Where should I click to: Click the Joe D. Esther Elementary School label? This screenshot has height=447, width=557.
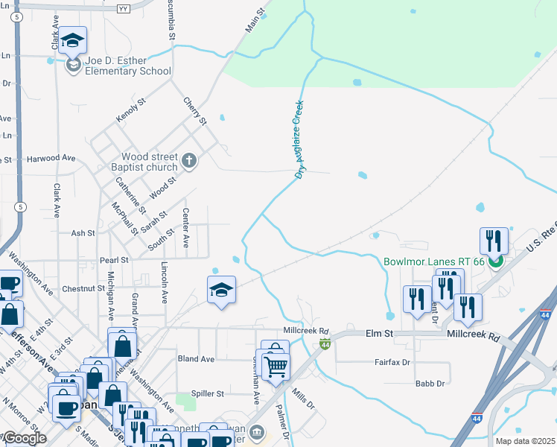tap(128, 66)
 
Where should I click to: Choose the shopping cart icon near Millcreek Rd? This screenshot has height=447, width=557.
tap(275, 366)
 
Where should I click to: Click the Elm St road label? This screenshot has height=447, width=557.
tap(378, 335)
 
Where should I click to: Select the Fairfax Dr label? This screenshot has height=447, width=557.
tap(392, 363)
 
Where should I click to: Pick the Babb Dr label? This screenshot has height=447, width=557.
tap(430, 384)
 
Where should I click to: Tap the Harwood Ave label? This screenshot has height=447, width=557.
tap(51, 158)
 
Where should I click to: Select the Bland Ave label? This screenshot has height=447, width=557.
tap(196, 359)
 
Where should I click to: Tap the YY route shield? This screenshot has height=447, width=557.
tap(124, 9)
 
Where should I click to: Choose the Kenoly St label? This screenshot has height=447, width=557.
tap(127, 114)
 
